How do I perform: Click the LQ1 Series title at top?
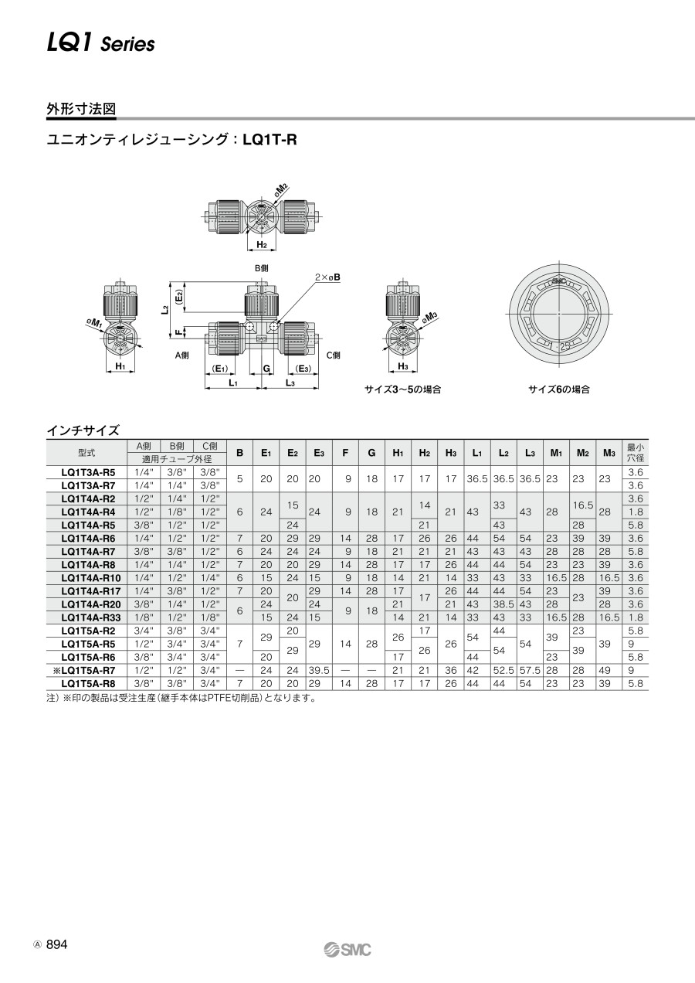coord(101,43)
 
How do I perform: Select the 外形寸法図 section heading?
coord(81,109)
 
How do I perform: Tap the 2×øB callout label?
coord(327,277)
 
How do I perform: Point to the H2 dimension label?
coord(262,244)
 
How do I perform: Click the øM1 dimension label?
coord(94,324)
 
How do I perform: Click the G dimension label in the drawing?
coord(266,369)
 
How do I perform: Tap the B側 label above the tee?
coord(262,268)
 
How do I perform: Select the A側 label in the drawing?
coord(182,355)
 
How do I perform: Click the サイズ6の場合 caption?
coord(559,389)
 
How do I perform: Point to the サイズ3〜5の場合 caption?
coord(403,389)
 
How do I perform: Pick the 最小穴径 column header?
coord(636,453)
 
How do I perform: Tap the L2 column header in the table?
coord(503,453)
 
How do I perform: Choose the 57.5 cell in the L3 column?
coord(530,670)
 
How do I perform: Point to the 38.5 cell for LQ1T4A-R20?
coord(503,604)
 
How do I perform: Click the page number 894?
coord(57,944)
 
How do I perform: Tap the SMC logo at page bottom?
coord(347,950)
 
